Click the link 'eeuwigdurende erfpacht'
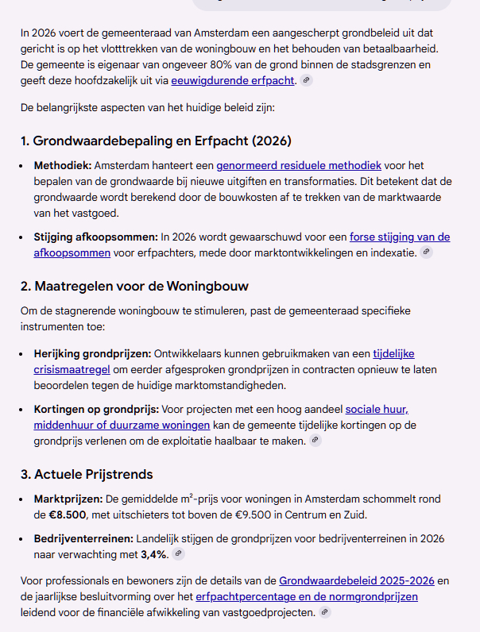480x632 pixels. (x=233, y=80)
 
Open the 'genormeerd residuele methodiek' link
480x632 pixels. (x=299, y=165)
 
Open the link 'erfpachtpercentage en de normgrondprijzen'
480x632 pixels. (x=307, y=595)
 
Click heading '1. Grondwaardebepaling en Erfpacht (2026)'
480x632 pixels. (x=157, y=141)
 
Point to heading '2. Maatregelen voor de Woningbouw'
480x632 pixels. (x=141, y=285)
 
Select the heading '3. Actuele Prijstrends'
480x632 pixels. (x=87, y=474)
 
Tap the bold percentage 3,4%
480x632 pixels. (x=153, y=554)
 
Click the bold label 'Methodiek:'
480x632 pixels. (x=63, y=165)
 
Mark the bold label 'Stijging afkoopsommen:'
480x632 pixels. (x=95, y=237)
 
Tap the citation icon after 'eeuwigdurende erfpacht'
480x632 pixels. (x=307, y=80)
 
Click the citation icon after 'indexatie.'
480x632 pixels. (x=427, y=252)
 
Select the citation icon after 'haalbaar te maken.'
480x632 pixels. (x=315, y=440)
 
